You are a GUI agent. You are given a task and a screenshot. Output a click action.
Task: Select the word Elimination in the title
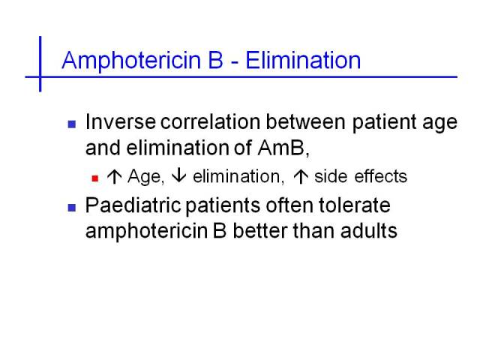click(x=303, y=60)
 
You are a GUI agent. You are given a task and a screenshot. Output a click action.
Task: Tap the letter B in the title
click(x=215, y=60)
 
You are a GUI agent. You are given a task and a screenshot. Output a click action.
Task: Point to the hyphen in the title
click(x=235, y=63)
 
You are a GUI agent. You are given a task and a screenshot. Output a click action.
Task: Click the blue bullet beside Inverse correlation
click(x=72, y=124)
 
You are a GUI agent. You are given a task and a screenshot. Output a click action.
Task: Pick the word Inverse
click(x=121, y=121)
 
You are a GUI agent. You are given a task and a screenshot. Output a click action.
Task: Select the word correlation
click(x=210, y=121)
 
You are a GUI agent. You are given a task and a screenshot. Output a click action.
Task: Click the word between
click(x=306, y=121)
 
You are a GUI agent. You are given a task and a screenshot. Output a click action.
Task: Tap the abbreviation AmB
click(x=281, y=148)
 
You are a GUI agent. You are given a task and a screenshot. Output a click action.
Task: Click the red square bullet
click(x=95, y=178)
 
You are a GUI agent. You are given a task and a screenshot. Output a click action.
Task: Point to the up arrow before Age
click(x=115, y=177)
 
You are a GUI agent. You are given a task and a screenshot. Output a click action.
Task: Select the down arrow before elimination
click(x=178, y=175)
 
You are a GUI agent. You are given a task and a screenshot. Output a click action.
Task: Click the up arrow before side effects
click(x=301, y=177)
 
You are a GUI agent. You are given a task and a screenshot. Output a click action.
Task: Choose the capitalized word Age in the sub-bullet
click(x=144, y=178)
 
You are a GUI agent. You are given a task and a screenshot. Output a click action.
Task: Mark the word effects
click(x=381, y=176)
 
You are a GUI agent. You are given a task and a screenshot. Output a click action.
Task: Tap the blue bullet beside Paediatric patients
click(x=72, y=208)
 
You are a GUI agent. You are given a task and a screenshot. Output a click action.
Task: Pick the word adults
click(x=369, y=230)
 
